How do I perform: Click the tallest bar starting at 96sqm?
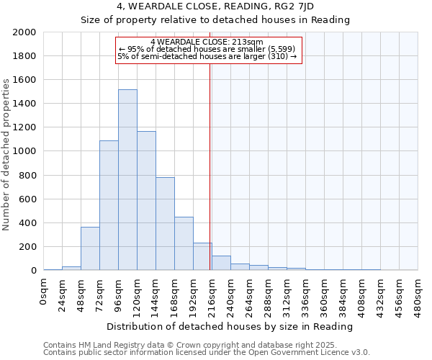pyautogui.click(x=127, y=180)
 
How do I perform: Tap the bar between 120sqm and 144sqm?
pyautogui.click(x=146, y=201)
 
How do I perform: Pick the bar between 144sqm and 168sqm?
pyautogui.click(x=165, y=224)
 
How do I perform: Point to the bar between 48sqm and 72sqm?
pyautogui.click(x=90, y=248)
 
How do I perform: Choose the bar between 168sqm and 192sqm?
pyautogui.click(x=184, y=243)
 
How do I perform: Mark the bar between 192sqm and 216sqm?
pyautogui.click(x=202, y=256)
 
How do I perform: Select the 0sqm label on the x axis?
pyautogui.click(x=44, y=292)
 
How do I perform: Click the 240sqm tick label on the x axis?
pyautogui.click(x=231, y=295)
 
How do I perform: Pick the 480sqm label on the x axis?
pyautogui.click(x=418, y=295)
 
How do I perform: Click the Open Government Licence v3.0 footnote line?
pyautogui.click(x=207, y=352)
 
